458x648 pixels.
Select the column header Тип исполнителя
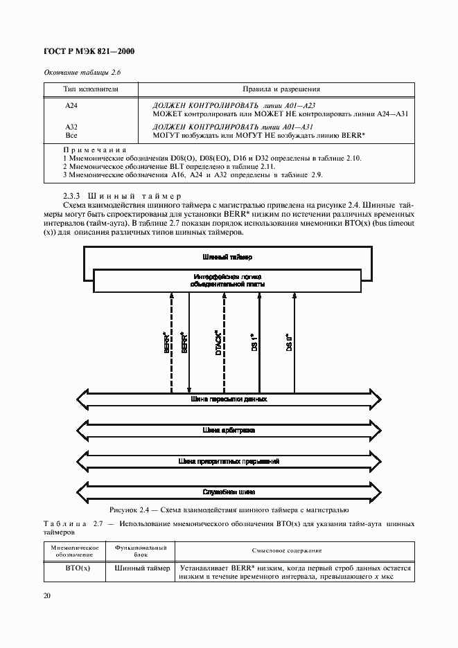[x=91, y=89]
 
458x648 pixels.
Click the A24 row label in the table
[x=71, y=105]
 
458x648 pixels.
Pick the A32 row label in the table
[x=71, y=127]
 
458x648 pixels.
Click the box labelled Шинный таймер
[x=225, y=257]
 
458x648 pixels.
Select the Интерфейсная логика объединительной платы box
[x=226, y=280]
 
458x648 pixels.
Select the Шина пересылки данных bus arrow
[x=228, y=399]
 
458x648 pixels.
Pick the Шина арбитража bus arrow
[x=228, y=430]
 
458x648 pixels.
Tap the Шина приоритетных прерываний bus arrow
[x=228, y=460]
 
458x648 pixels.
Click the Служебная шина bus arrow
[x=228, y=492]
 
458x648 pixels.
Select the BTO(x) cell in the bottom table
[x=73, y=569]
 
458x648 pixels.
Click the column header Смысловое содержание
[x=291, y=550]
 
